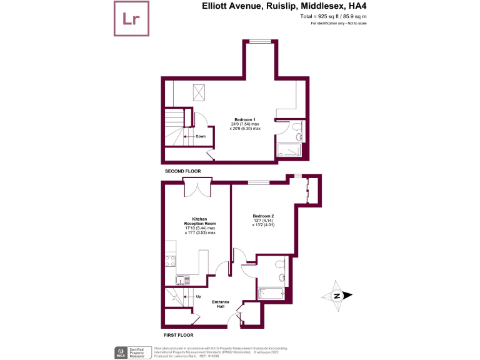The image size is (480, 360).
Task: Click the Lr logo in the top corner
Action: tap(131, 19)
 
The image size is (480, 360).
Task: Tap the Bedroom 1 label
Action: tap(245, 119)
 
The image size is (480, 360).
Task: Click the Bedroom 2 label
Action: tap(263, 216)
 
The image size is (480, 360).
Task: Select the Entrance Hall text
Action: tap(220, 304)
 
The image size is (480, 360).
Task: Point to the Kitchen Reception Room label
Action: tap(200, 223)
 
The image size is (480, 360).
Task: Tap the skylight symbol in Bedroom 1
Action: tap(200, 92)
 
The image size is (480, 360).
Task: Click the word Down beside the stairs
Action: tap(200, 136)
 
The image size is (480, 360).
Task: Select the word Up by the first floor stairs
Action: tap(199, 296)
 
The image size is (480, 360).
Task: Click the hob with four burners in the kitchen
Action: tap(170, 262)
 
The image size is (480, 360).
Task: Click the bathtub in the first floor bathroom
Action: tap(272, 292)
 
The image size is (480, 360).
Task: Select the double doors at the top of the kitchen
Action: tap(195, 187)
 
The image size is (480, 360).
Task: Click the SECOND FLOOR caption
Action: tap(182, 171)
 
